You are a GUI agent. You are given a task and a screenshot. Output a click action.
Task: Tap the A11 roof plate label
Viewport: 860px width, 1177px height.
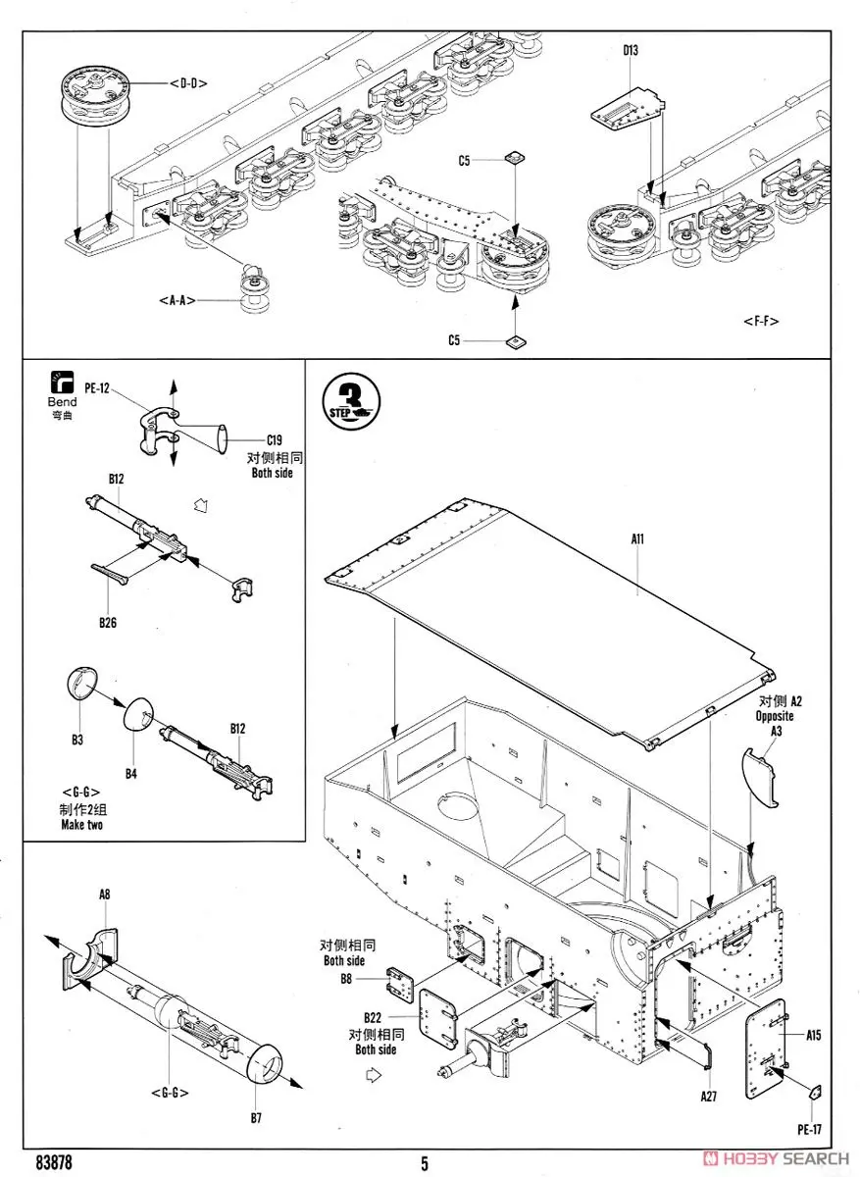[636, 537]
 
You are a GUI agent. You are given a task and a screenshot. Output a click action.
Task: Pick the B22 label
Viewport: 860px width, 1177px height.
[373, 1019]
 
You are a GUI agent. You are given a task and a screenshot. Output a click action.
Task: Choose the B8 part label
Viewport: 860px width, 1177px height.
[345, 978]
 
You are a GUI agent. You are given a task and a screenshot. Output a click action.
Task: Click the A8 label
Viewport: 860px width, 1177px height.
[105, 895]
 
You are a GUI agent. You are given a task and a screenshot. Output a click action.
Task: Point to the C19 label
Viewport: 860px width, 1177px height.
[276, 440]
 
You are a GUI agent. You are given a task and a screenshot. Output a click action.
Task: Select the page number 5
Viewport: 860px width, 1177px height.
[425, 1163]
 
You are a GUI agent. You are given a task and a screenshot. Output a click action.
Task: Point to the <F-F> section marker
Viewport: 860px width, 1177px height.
[761, 321]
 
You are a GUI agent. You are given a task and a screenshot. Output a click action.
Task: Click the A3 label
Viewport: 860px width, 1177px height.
[776, 731]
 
